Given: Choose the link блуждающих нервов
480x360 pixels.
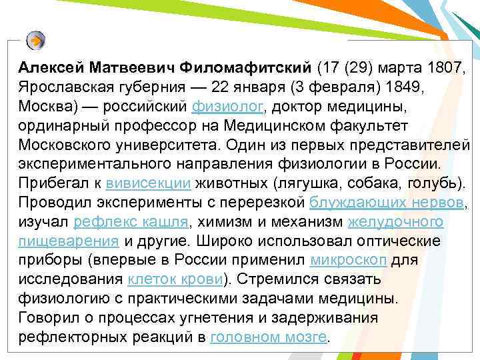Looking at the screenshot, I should click(x=389, y=202).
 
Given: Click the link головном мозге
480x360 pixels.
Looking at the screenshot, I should click(x=269, y=337).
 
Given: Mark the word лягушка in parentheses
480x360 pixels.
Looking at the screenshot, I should click(x=295, y=183).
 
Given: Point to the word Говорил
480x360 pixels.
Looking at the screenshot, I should click(x=45, y=317).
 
